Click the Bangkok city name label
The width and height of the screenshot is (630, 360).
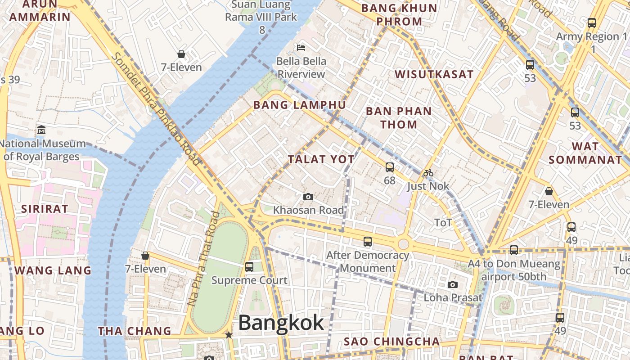coord(281,323)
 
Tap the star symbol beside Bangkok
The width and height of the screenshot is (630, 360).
coord(229,335)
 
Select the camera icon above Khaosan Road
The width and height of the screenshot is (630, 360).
coord(308,197)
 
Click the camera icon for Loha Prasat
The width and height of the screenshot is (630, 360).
coord(453,284)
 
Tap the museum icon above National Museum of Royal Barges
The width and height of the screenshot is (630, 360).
coord(41,130)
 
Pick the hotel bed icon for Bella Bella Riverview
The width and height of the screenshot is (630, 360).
coord(301,47)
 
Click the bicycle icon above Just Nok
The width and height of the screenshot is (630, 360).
coord(428,173)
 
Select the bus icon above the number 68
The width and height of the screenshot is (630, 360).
coord(390,167)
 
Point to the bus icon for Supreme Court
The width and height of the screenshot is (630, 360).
coord(249,266)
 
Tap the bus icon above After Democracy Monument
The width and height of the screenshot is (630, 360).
coord(368,242)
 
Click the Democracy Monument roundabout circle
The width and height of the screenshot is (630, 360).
coord(403,244)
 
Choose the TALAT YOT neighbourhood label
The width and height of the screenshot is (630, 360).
coord(321,159)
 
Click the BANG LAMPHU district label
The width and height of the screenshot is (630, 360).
coord(300,105)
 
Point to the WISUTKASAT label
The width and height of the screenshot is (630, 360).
coord(434,74)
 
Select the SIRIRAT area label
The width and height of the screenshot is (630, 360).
coord(45,209)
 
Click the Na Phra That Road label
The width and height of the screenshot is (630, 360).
coord(203,259)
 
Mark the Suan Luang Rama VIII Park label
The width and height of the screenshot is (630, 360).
coord(261,17)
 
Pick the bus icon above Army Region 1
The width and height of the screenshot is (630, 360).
coord(592,22)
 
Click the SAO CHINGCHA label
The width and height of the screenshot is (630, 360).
coord(391,342)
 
